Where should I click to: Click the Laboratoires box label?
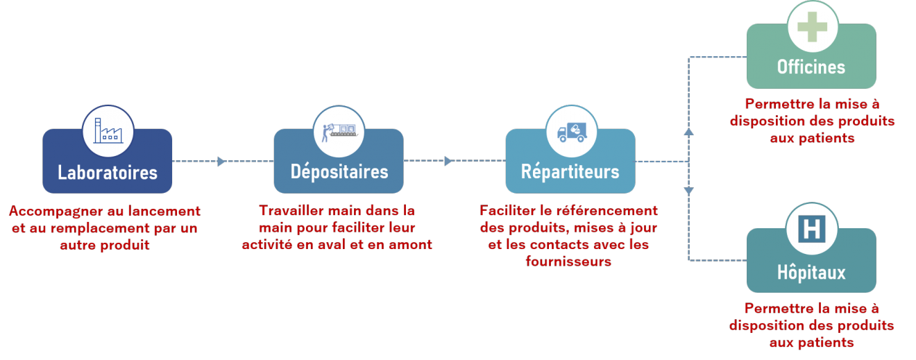[108, 172]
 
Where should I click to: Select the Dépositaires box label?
[339, 171]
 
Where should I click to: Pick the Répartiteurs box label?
[570, 171]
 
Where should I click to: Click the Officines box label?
[811, 67]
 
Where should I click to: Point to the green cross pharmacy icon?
[811, 26]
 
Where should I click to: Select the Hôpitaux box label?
[811, 272]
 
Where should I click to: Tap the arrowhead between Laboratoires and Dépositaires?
[221, 162]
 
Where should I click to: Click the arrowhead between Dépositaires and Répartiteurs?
[448, 162]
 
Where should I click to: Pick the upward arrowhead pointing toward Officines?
[688, 131]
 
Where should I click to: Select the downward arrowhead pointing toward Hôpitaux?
[688, 191]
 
